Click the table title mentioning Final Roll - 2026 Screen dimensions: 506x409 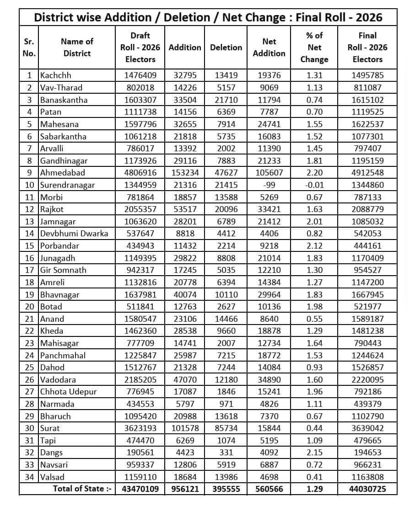click(x=208, y=18)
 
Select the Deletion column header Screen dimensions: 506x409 click(x=226, y=48)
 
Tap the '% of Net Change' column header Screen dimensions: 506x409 click(x=314, y=48)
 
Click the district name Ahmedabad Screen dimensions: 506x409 click(x=62, y=173)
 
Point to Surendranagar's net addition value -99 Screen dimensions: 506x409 click(x=269, y=185)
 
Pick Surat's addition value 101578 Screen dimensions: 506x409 click(x=185, y=428)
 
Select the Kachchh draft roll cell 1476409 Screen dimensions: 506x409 click(x=140, y=75)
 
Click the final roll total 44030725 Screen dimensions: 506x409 click(x=367, y=489)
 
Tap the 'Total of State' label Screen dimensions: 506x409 click(x=82, y=489)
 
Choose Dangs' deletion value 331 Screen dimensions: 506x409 click(x=226, y=453)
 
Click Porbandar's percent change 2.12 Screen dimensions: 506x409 click(x=314, y=246)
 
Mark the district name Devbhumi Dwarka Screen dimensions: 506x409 click(x=74, y=234)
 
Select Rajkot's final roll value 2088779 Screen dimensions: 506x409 click(x=367, y=209)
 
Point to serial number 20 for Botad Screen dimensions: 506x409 click(x=29, y=307)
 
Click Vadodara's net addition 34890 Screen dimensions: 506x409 click(x=269, y=380)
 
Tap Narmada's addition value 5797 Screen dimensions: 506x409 click(x=185, y=404)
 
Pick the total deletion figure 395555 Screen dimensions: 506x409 click(x=226, y=489)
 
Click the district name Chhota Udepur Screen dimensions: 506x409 click(x=68, y=392)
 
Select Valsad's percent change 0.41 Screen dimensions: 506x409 click(x=314, y=477)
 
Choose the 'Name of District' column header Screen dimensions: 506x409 click(x=77, y=48)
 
